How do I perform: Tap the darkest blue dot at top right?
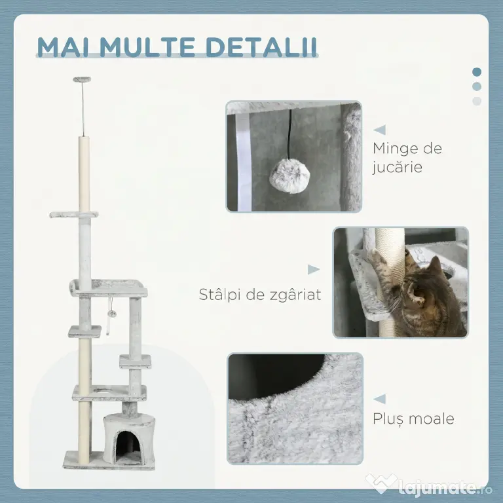click(x=477, y=72)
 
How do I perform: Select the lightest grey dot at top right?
click(x=477, y=101)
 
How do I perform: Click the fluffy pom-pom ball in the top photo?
click(x=289, y=176)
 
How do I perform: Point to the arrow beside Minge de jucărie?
click(x=379, y=130)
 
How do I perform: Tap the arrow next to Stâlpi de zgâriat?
click(x=314, y=269)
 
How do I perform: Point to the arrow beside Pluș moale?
click(x=379, y=400)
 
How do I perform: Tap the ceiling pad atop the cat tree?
click(x=82, y=79)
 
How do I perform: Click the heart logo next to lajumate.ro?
click(x=381, y=483)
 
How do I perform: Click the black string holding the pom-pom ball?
click(x=290, y=135)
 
